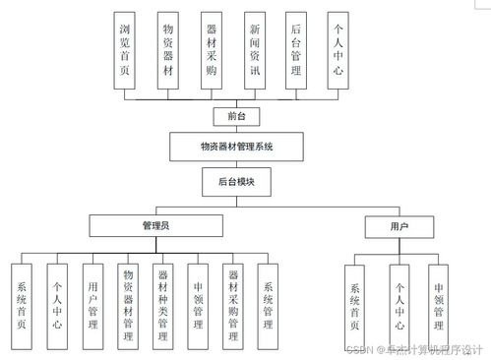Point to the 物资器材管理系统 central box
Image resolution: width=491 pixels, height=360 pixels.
[234, 147]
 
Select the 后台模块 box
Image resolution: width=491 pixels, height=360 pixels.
[234, 182]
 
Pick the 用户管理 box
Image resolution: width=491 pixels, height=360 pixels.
[92, 305]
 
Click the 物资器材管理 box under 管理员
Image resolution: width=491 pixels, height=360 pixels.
[128, 305]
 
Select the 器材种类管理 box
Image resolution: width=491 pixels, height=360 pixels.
[162, 305]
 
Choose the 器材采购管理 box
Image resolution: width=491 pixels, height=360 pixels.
[232, 305]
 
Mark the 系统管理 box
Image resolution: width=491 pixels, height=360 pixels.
[268, 305]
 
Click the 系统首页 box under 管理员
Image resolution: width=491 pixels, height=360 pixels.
[23, 305]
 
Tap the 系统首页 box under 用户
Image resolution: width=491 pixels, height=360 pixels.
[355, 305]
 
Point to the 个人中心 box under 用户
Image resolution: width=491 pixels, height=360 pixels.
[399, 305]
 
